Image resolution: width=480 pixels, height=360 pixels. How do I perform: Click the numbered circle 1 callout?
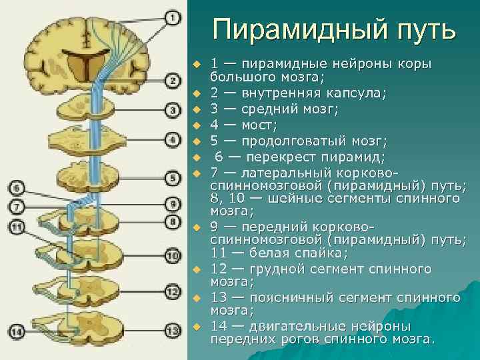[172, 18]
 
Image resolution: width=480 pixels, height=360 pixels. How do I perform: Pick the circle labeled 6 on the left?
[17, 188]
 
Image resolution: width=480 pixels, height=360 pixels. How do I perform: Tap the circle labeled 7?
[17, 207]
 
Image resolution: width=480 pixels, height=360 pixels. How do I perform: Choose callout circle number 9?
[172, 203]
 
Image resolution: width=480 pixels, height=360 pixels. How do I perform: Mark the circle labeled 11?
[17, 228]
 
